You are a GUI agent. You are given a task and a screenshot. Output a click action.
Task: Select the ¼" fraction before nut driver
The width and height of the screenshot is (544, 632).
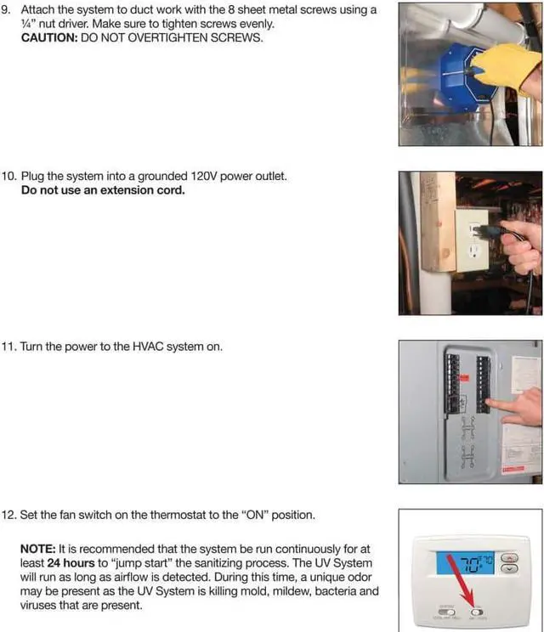click(x=28, y=25)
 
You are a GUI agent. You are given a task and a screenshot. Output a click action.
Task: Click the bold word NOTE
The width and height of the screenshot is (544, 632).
click(x=39, y=550)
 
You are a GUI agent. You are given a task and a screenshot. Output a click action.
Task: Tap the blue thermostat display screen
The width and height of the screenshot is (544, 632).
click(x=468, y=564)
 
